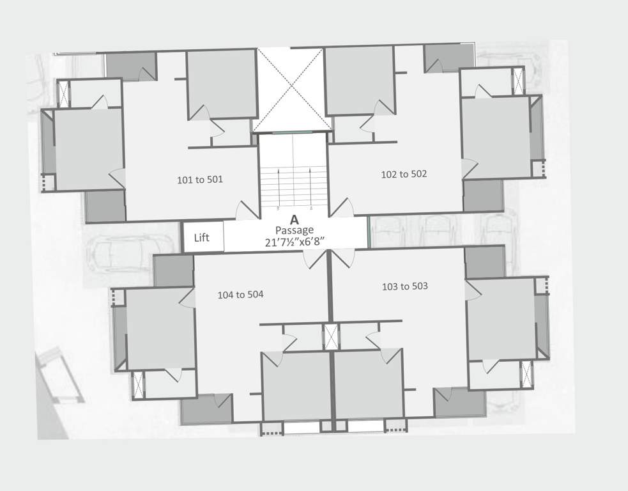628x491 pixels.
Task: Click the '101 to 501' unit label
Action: click(x=199, y=180)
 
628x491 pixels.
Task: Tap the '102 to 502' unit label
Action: click(x=403, y=174)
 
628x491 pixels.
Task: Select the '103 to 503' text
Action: click(x=404, y=286)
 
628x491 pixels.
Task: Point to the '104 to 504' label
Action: click(x=240, y=295)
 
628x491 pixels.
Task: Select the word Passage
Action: click(x=294, y=230)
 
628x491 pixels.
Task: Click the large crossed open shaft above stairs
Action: click(x=293, y=90)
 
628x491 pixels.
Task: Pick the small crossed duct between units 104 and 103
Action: click(x=331, y=337)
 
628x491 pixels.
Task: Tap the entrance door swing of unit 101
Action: click(x=247, y=211)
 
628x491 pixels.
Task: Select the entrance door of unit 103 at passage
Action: click(x=342, y=258)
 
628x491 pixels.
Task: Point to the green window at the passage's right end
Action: click(x=369, y=232)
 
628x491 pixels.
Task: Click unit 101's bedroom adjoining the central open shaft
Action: click(x=222, y=84)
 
